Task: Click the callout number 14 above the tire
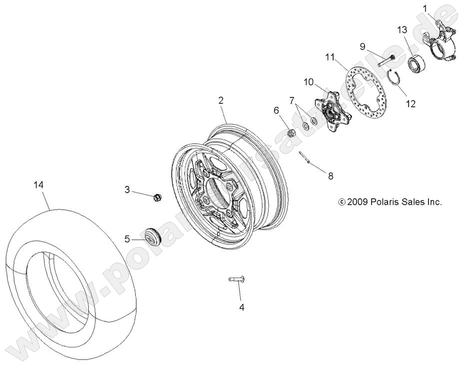click(38, 185)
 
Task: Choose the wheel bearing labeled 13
click(416, 63)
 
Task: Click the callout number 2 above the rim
click(221, 100)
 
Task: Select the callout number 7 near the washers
click(292, 100)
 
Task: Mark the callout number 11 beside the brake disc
click(329, 57)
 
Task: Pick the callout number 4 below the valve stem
click(242, 308)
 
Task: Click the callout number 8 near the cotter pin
click(330, 176)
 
